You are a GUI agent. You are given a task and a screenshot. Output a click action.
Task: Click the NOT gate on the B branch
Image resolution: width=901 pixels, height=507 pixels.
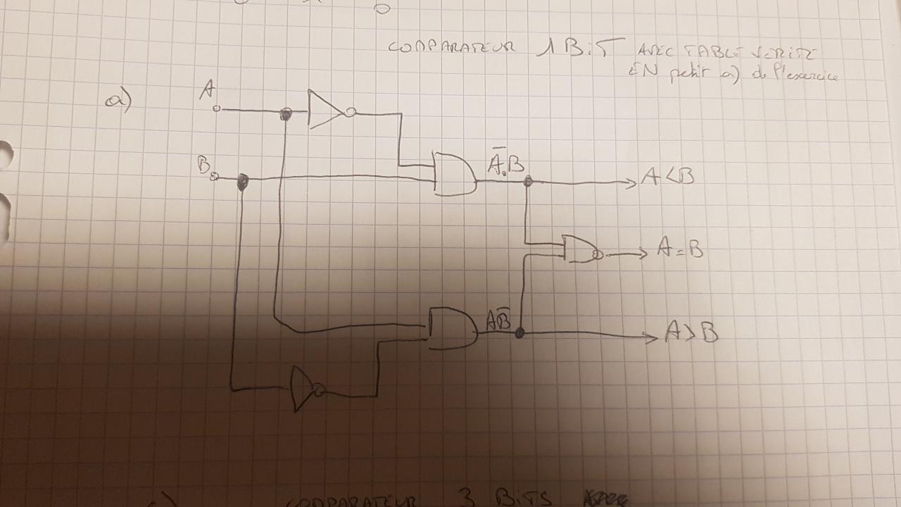click(305, 388)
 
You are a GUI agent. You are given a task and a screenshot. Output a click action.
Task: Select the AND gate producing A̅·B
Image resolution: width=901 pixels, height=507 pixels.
click(453, 173)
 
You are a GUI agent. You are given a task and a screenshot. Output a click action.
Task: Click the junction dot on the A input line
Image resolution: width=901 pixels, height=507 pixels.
click(286, 114)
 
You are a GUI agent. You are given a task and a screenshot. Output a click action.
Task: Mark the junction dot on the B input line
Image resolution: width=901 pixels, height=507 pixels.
click(243, 182)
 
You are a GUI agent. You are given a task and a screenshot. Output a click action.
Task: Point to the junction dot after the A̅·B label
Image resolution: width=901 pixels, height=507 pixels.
click(528, 182)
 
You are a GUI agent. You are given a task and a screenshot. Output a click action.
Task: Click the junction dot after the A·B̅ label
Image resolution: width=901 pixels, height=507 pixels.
click(520, 332)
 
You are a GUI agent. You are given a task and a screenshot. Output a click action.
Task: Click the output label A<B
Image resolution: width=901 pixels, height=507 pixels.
click(667, 176)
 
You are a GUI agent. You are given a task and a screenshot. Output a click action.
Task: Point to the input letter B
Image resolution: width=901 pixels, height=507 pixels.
click(204, 165)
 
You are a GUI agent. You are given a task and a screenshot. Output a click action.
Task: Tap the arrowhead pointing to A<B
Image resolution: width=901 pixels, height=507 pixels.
click(631, 184)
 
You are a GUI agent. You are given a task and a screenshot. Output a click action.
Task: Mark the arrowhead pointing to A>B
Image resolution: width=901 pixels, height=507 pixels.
click(653, 337)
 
